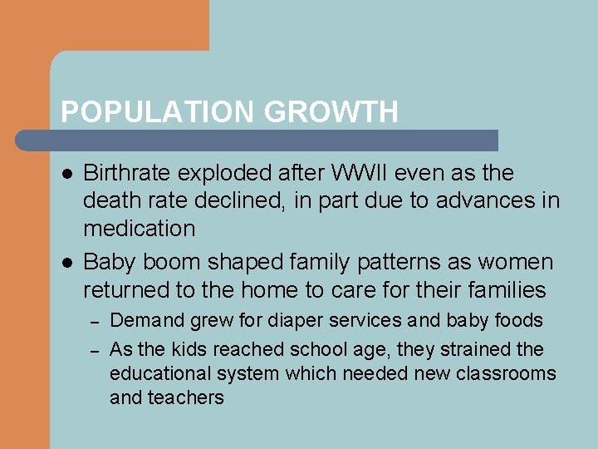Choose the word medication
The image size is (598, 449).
pos(140,229)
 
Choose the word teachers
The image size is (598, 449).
pos(186,397)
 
